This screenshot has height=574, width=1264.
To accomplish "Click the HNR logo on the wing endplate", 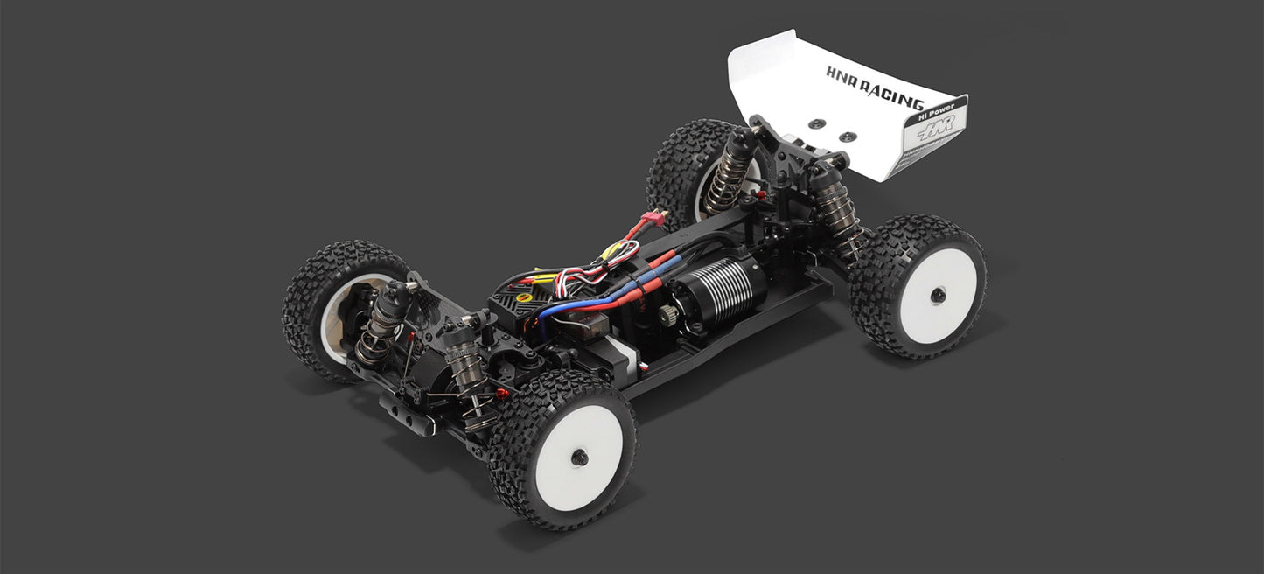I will [936, 133].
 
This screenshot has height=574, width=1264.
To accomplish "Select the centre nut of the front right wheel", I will [579, 457].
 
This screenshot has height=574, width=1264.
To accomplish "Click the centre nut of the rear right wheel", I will [938, 295].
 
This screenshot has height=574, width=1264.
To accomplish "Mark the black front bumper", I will [407, 412].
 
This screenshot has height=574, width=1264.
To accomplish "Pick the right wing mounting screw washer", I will [848, 136].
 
